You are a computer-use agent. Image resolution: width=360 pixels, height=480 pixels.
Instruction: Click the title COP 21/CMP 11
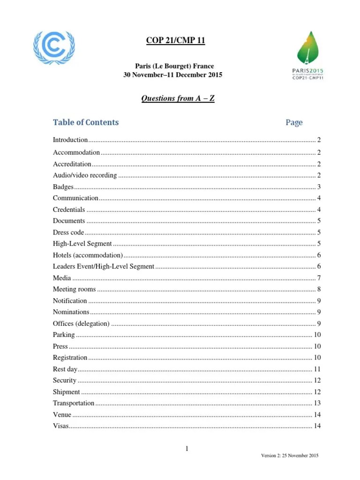pyautogui.click(x=175, y=41)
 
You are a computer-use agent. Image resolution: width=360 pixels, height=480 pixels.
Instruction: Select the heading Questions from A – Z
pyautogui.click(x=178, y=98)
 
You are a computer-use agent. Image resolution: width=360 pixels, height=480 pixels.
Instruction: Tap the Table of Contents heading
pyautogui.click(x=86, y=122)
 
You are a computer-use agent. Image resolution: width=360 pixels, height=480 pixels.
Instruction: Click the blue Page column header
pyautogui.click(x=294, y=122)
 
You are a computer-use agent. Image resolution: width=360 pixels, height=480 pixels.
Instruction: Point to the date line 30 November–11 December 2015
pyautogui.click(x=172, y=75)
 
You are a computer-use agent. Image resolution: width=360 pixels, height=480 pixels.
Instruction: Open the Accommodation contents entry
pyautogui.click(x=76, y=152)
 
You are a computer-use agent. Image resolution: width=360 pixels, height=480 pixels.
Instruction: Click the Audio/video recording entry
pyautogui.click(x=85, y=175)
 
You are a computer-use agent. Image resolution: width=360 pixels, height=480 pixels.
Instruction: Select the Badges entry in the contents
pyautogui.click(x=63, y=187)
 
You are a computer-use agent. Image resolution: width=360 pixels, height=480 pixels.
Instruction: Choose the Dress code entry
pyautogui.click(x=68, y=232)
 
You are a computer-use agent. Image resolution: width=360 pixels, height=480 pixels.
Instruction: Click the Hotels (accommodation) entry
pyautogui.click(x=88, y=255)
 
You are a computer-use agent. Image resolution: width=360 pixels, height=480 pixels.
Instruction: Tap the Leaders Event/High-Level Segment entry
pyautogui.click(x=104, y=266)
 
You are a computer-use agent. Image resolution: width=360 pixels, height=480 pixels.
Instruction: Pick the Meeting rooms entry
pyautogui.click(x=74, y=289)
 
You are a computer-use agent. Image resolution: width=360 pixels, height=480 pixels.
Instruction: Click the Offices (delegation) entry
pyautogui.click(x=82, y=323)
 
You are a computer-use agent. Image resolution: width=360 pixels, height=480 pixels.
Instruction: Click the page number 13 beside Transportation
pyautogui.click(x=317, y=403)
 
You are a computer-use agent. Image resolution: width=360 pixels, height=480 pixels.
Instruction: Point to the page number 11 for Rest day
pyautogui.click(x=317, y=369)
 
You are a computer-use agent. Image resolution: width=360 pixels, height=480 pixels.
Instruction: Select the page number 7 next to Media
pyautogui.click(x=319, y=278)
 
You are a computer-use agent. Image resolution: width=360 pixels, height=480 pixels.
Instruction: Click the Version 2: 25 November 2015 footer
pyautogui.click(x=290, y=456)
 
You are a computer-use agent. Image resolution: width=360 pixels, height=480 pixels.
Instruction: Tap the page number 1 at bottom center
pyautogui.click(x=187, y=449)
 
